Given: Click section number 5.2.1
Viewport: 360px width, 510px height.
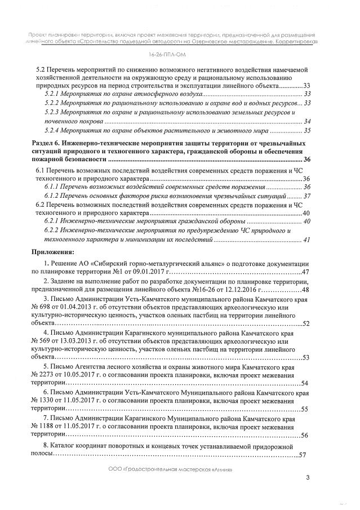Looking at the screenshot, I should (x=52, y=94).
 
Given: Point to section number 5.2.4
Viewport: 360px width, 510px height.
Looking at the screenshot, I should (x=52, y=131).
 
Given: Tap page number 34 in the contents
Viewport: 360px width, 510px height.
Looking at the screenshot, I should (x=307, y=122).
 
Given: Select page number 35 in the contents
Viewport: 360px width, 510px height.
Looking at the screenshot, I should (x=307, y=131).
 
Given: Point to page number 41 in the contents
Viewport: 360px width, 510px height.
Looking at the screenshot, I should (x=307, y=240).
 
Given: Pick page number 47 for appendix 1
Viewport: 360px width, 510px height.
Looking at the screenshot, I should (x=306, y=272).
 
